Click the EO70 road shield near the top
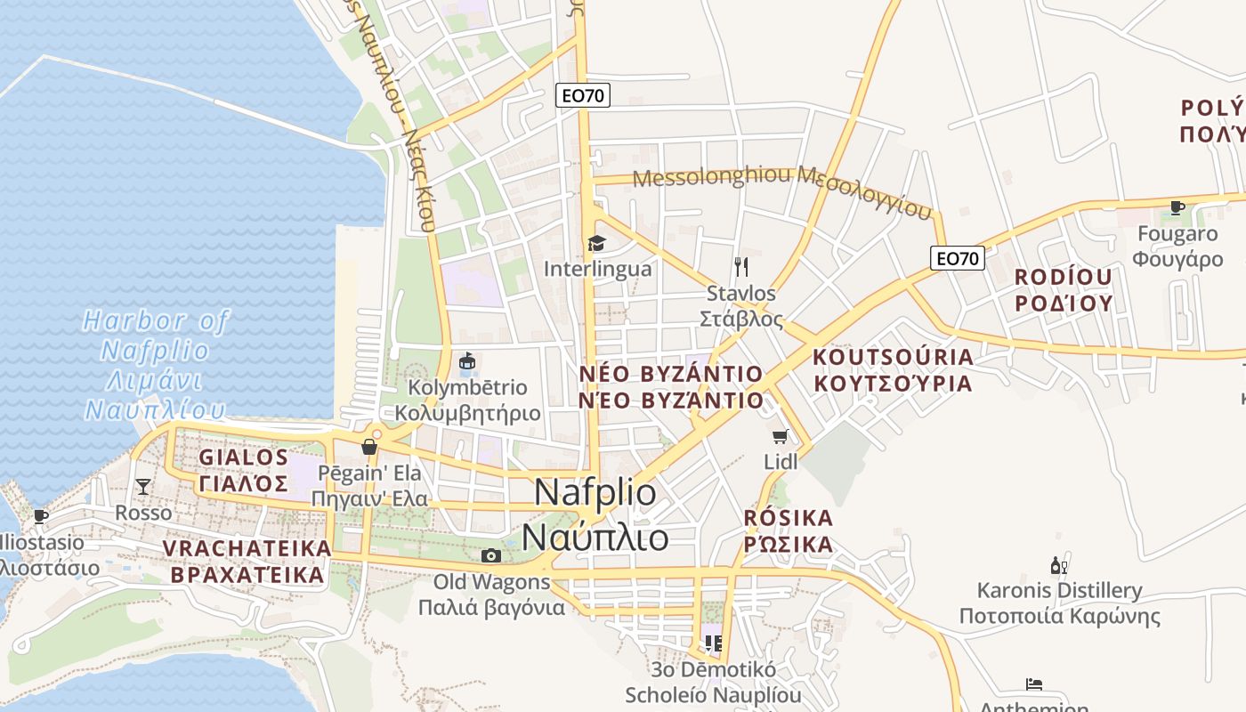[x=584, y=95]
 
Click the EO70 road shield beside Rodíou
[x=959, y=258]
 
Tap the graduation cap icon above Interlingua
[x=596, y=243]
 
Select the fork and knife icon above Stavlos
[x=740, y=266]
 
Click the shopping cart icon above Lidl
[x=781, y=436]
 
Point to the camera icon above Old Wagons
[x=490, y=556]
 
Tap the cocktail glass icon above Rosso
[x=142, y=486]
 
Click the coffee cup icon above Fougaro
[x=1177, y=208]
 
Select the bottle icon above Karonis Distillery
[x=1058, y=565]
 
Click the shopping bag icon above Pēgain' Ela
[x=369, y=446]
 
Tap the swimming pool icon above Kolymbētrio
[x=467, y=361]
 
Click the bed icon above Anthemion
[x=1033, y=684]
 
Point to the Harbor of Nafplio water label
[x=156, y=365]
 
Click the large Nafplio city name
[x=596, y=515]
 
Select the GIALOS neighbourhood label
[x=244, y=470]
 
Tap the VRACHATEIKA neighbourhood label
[x=246, y=562]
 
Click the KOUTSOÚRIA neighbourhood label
[x=893, y=370]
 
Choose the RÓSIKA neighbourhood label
[x=789, y=530]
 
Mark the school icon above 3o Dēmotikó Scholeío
[x=712, y=642]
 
